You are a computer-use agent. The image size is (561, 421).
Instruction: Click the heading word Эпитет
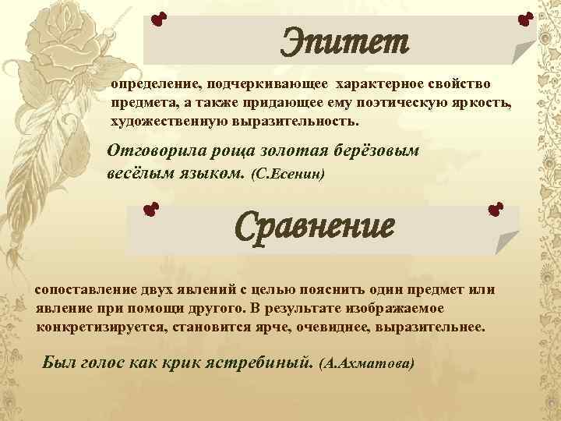coord(344,41)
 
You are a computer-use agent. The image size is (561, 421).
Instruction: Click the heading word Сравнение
coord(316,227)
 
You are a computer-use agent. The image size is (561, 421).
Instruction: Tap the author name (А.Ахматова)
coord(367,364)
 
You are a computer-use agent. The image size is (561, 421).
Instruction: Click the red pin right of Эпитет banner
coord(524,17)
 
